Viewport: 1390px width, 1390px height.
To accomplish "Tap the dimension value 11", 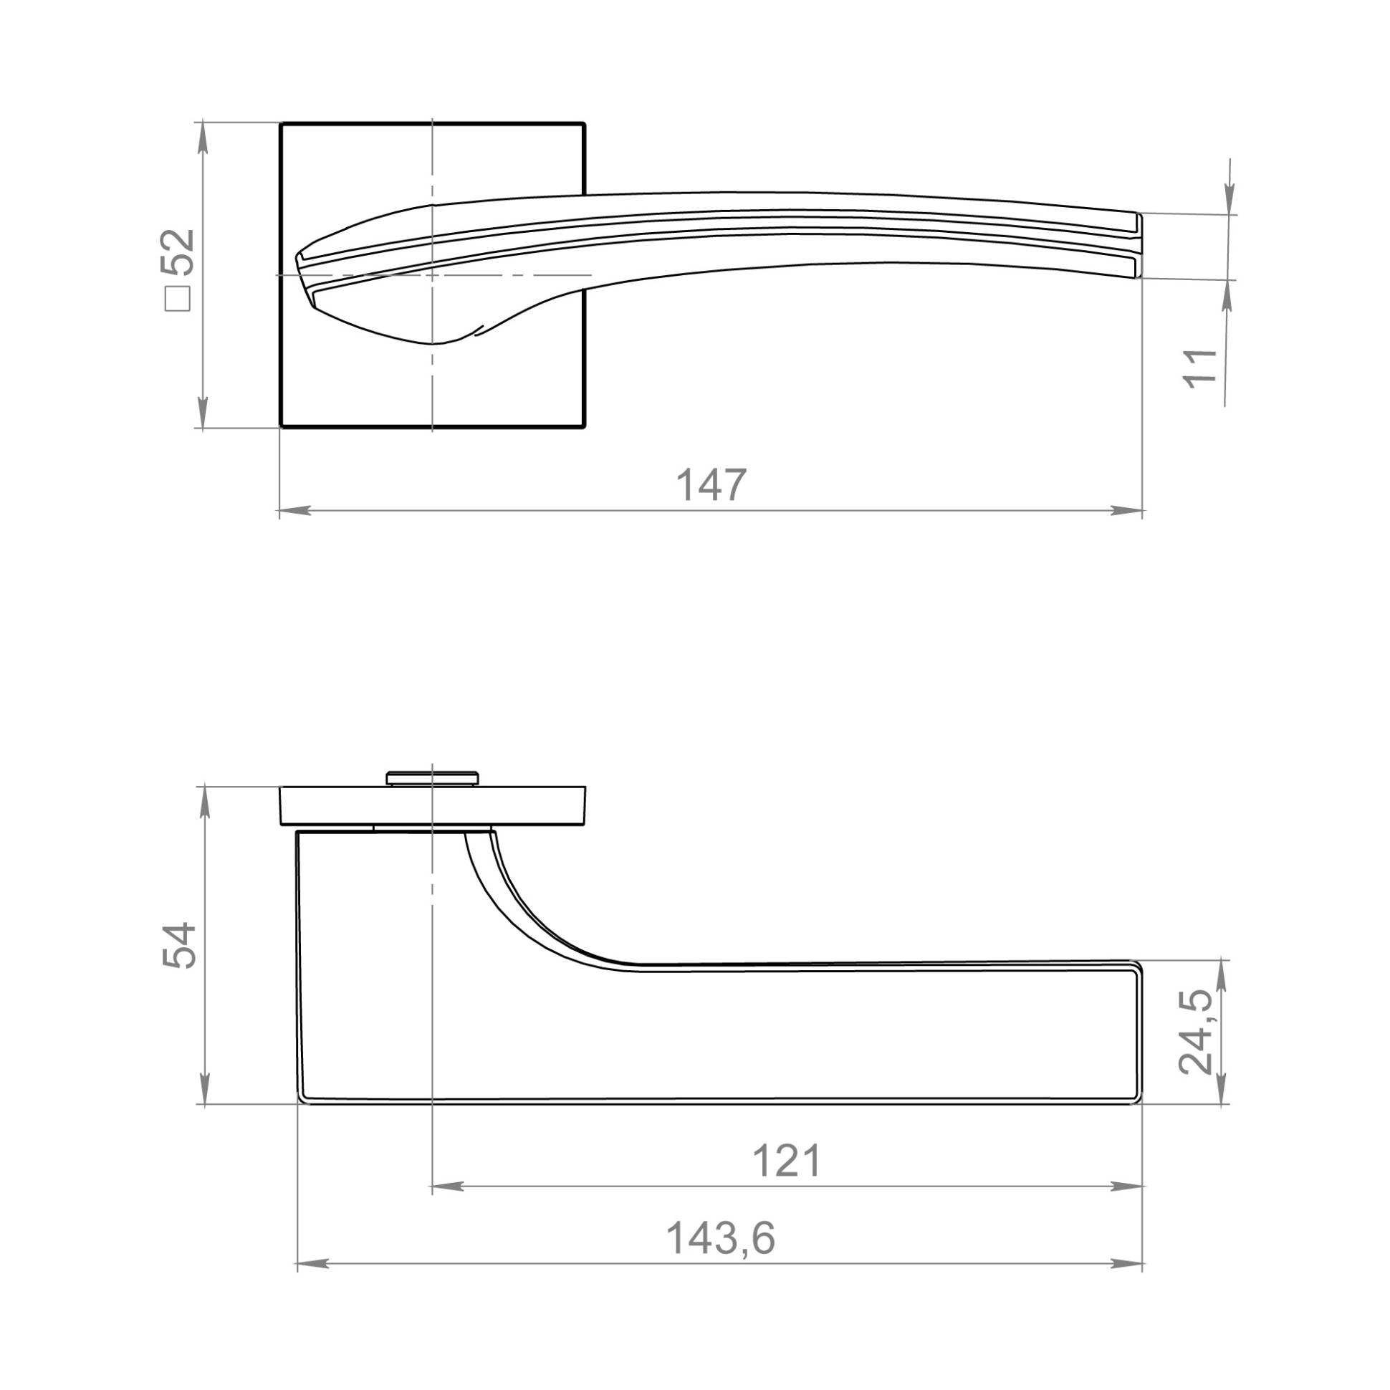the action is [x=1200, y=368].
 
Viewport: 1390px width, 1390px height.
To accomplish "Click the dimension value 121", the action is [x=787, y=1161].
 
